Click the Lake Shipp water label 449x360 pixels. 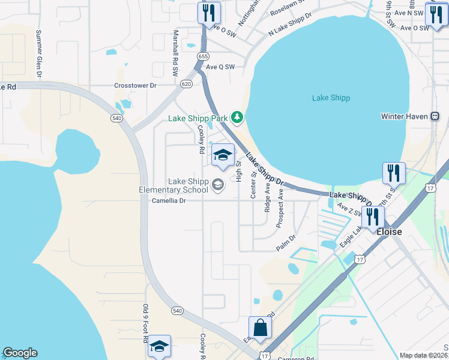coord(331,98)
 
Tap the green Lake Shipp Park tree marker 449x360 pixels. coord(238,116)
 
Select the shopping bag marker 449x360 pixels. coord(260,328)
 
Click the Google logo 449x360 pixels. coord(20,353)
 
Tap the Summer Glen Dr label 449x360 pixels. coord(38,54)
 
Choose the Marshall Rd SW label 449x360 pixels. coord(176,53)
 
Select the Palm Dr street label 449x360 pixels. coord(286,242)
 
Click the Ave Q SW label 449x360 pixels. coord(220,67)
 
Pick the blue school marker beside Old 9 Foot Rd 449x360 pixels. coord(159,346)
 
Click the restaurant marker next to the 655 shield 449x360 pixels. coord(209,12)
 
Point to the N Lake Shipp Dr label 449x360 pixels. coord(291,26)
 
